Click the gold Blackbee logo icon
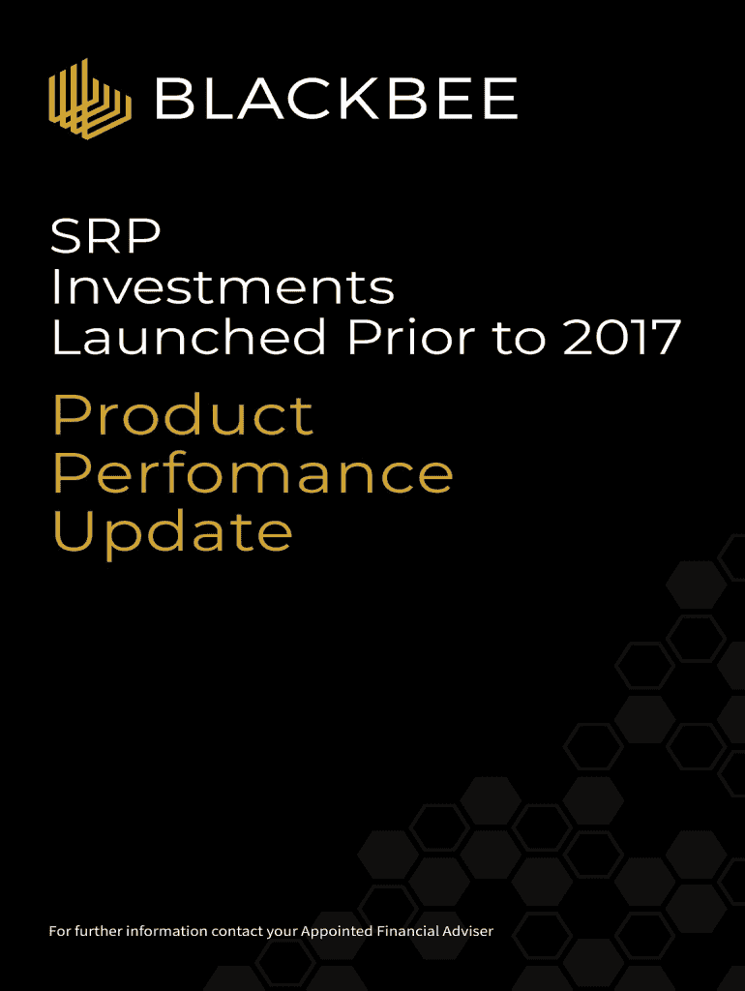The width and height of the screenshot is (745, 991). click(90, 99)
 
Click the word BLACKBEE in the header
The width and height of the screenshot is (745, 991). click(337, 99)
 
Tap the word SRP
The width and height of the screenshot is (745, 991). click(105, 236)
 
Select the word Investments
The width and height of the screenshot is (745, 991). click(223, 286)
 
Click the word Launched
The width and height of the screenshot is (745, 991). click(189, 336)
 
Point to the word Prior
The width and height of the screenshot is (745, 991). click(410, 336)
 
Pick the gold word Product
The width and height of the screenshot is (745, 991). click(183, 414)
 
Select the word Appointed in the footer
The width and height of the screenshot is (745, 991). click(336, 932)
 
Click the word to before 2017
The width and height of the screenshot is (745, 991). click(519, 338)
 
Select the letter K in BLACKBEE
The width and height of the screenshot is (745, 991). click(359, 99)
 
